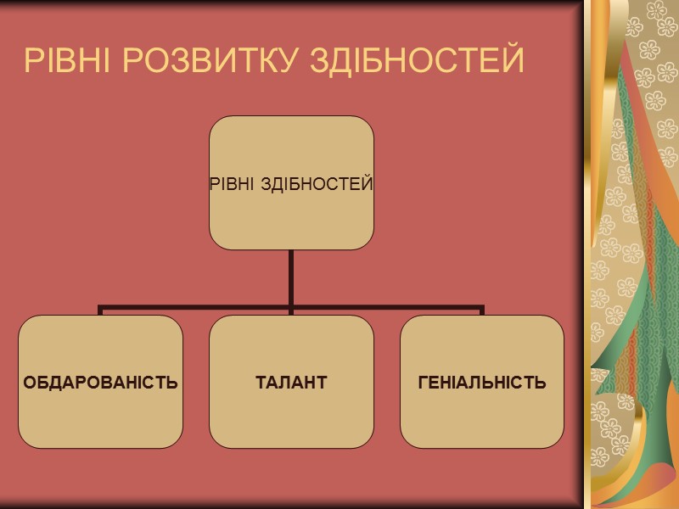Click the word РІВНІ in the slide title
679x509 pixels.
[66, 61]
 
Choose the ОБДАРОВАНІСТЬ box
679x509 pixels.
[101, 416]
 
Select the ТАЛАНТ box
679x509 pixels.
[291, 416]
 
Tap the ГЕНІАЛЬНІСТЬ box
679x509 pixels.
[482, 416]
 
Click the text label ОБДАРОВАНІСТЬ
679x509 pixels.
[101, 382]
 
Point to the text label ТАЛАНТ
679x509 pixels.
[291, 382]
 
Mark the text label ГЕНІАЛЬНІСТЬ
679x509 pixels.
[482, 382]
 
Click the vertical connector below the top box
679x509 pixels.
[291, 276]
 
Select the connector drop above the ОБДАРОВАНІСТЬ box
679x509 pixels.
[101, 311]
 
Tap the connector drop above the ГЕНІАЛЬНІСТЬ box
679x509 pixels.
[482, 311]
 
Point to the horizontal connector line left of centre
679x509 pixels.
[195, 307]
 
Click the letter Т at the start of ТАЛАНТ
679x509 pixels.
[261, 382]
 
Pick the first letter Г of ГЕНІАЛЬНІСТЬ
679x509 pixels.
[423, 382]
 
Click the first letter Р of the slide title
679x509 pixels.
[33, 61]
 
